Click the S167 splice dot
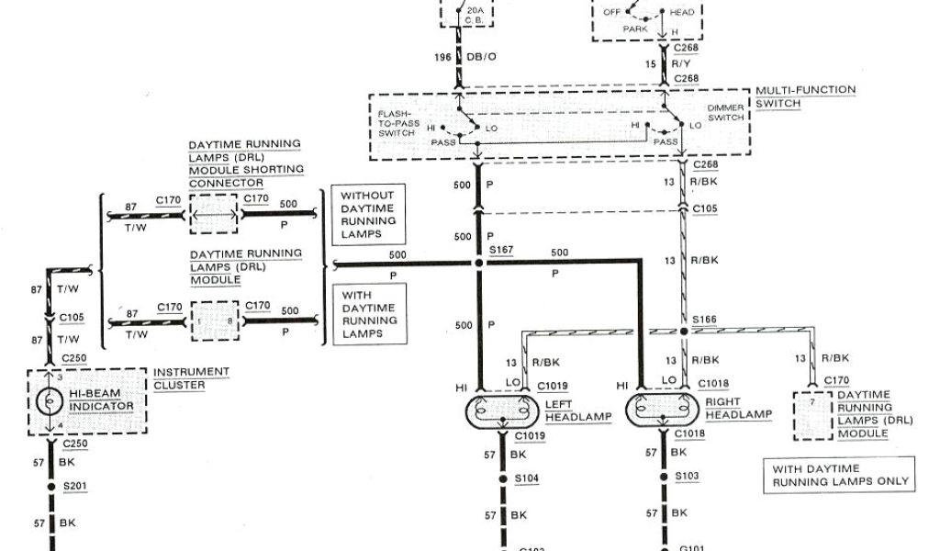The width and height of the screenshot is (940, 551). click(x=478, y=263)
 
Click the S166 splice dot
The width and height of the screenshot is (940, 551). click(x=684, y=331)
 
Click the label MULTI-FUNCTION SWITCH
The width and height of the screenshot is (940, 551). click(x=805, y=96)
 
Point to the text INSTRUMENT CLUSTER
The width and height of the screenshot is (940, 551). click(x=191, y=378)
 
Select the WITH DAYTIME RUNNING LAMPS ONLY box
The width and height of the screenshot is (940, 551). click(x=841, y=475)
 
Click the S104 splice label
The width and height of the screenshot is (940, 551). click(x=527, y=478)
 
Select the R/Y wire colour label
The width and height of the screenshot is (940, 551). click(x=680, y=64)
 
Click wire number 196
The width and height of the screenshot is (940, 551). click(x=443, y=58)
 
